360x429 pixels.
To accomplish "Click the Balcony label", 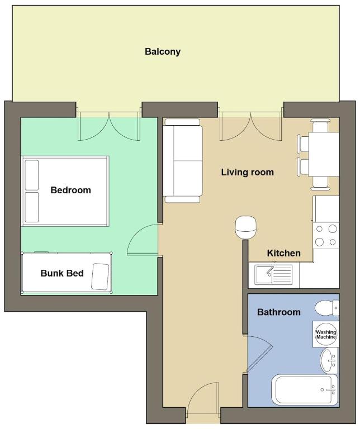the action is tap(163, 51).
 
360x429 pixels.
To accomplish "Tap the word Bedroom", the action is tap(70, 190).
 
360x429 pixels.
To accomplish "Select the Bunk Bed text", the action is tap(62, 273).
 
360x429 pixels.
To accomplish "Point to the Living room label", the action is tap(248, 172).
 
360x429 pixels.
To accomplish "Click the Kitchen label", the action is tap(283, 253).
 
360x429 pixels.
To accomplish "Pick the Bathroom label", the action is tap(279, 312).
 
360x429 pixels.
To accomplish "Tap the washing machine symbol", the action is tap(326, 335).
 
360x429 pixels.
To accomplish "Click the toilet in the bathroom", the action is tap(327, 308).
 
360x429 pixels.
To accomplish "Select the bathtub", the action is tap(305, 390).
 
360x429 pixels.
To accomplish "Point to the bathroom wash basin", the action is tap(329, 361).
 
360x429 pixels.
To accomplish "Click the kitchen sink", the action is tap(273, 274).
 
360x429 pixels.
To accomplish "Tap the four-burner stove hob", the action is tap(326, 235).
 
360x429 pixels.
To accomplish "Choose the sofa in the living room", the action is tap(182, 161).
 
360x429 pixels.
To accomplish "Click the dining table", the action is tap(324, 154).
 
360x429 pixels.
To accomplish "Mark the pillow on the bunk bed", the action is tap(100, 277).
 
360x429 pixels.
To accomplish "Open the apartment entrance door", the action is tap(203, 399).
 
